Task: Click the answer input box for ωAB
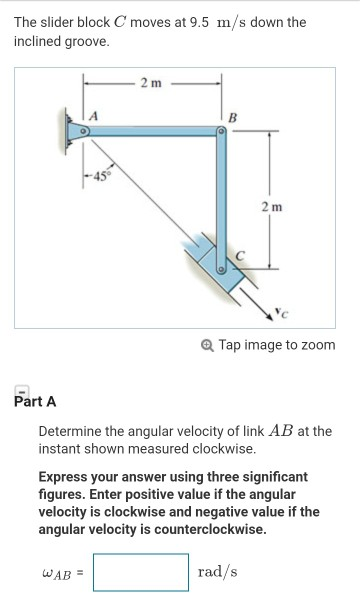[x=141, y=572]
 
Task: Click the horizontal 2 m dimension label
[x=151, y=80]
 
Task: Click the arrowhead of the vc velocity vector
[x=277, y=312]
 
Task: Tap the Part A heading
[x=36, y=402]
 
